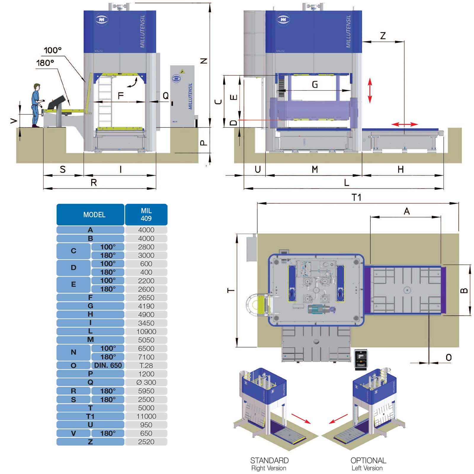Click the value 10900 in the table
[146, 332]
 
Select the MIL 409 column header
[146, 214]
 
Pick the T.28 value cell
[146, 365]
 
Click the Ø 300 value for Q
[146, 382]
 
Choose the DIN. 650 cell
[108, 365]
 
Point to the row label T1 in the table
[90, 416]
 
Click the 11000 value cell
[146, 416]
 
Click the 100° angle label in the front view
[53, 50]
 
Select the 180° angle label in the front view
[45, 63]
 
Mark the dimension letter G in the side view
[315, 85]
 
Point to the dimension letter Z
[383, 36]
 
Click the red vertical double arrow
[370, 90]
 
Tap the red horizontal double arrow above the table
[405, 124]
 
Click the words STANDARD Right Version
[269, 464]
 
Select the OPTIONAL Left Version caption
[368, 464]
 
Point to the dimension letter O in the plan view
[449, 357]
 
